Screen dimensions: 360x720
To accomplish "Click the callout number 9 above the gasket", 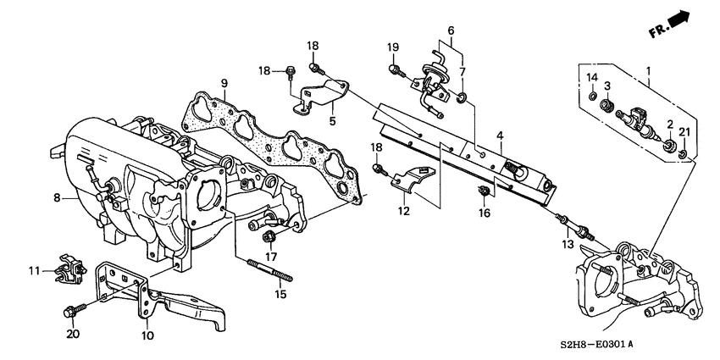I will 224,83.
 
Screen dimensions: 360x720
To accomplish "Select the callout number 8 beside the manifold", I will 58,198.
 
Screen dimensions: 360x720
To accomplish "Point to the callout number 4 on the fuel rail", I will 500,136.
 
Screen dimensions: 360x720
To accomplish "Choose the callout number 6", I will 451,30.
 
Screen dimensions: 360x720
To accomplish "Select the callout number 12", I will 404,211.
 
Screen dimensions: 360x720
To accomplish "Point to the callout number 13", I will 567,244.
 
